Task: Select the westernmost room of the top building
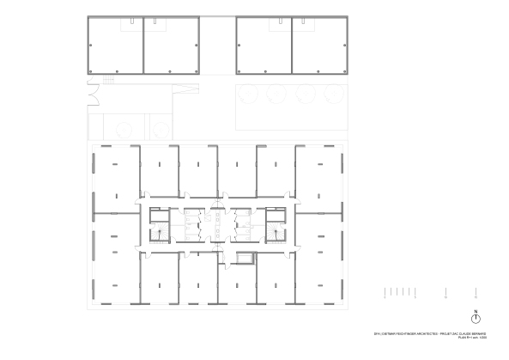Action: point(115,46)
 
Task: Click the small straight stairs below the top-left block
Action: point(108,79)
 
